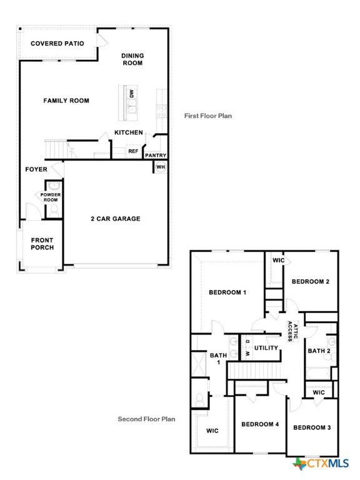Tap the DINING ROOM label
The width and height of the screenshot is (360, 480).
132,59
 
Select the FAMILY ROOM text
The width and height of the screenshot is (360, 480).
66,101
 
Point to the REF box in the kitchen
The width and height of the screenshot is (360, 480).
133,151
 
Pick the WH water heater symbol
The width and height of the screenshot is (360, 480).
161,167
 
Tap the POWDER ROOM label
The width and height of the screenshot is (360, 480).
51,197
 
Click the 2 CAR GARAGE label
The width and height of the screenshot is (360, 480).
116,219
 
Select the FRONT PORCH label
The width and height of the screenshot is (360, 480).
42,244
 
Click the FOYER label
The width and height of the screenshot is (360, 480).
36,169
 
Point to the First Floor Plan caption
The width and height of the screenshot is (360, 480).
208,116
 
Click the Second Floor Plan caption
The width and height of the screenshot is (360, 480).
147,419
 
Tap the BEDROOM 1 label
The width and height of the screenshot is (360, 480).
227,292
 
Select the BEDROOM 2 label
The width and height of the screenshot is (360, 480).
311,281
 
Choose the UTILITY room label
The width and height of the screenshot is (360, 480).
266,347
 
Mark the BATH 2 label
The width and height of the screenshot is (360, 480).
319,351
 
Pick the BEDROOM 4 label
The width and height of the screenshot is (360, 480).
260,425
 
